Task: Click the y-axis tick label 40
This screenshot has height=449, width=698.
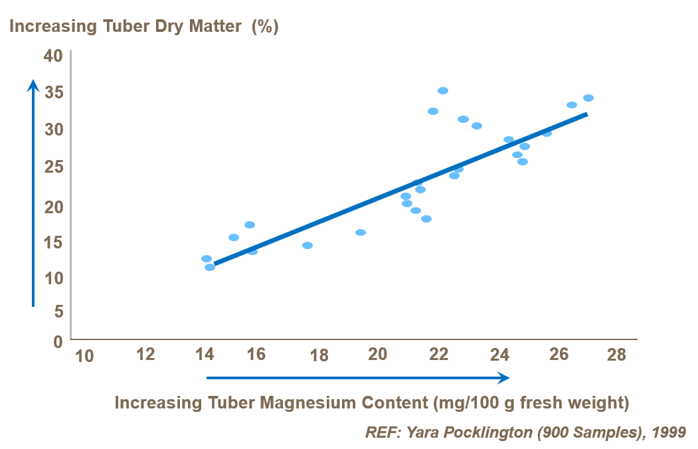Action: pos(52,56)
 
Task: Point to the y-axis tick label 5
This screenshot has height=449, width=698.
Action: pos(57,311)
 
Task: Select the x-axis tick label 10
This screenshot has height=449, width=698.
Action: pos(84,357)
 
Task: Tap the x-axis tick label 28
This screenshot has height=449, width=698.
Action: pos(616,355)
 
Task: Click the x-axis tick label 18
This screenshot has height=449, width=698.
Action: pos(319,356)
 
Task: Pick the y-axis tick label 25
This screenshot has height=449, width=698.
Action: pos(52,166)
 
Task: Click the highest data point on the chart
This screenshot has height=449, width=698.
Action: pos(443,91)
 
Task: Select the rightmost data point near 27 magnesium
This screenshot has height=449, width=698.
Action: pos(588,98)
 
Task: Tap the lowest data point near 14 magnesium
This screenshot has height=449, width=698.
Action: pos(210,268)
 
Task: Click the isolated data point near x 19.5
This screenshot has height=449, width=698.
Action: pos(361,232)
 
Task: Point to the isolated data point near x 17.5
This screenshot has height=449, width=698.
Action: pos(307,246)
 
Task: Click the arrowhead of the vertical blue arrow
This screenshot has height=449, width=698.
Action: pos(33,85)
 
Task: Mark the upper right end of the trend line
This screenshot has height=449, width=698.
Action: pos(586,114)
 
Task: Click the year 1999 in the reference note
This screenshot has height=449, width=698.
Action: pos(669,432)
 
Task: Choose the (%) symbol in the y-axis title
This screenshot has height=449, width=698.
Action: pos(264,27)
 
